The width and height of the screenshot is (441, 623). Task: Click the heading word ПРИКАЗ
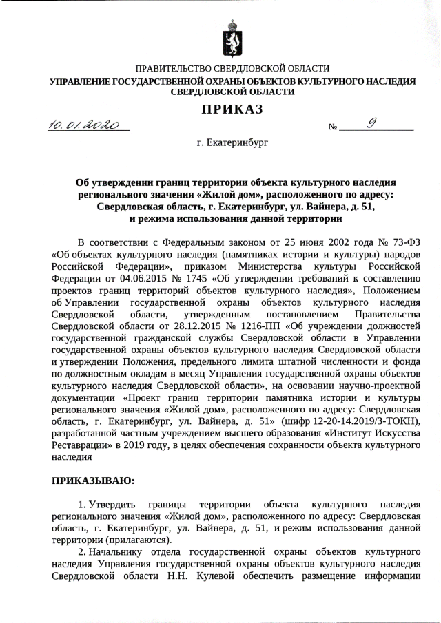(x=232, y=109)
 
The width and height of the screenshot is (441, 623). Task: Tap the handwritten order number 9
(x=372, y=124)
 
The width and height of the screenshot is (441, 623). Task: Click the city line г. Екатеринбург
(x=232, y=144)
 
